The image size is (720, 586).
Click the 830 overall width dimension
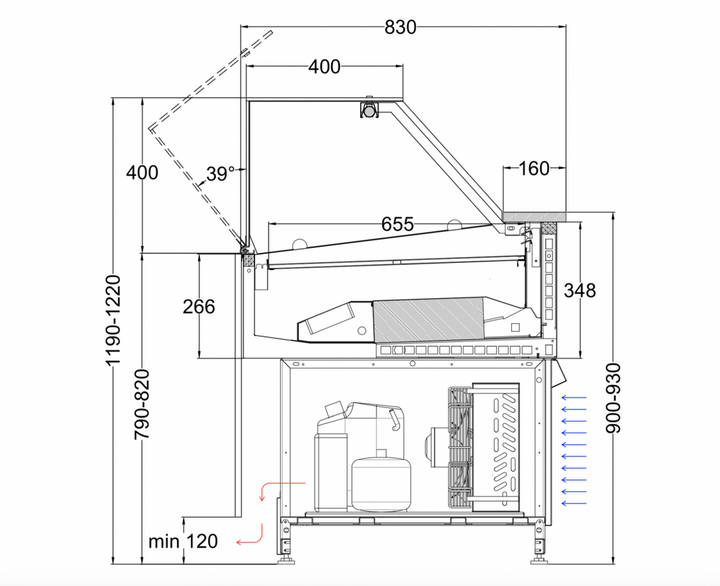pyautogui.click(x=400, y=27)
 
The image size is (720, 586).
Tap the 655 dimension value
pyautogui.click(x=397, y=224)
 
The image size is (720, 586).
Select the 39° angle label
pyautogui.click(x=220, y=174)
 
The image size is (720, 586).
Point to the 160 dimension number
pyautogui.click(x=534, y=168)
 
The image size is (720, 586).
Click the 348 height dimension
pyautogui.click(x=580, y=290)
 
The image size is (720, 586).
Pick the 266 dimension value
pyautogui.click(x=199, y=307)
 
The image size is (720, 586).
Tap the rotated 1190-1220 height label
pyautogui.click(x=114, y=320)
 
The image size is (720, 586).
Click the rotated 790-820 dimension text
pyautogui.click(x=142, y=404)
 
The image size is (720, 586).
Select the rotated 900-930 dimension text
pyautogui.click(x=613, y=398)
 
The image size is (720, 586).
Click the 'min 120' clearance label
pyautogui.click(x=183, y=541)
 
